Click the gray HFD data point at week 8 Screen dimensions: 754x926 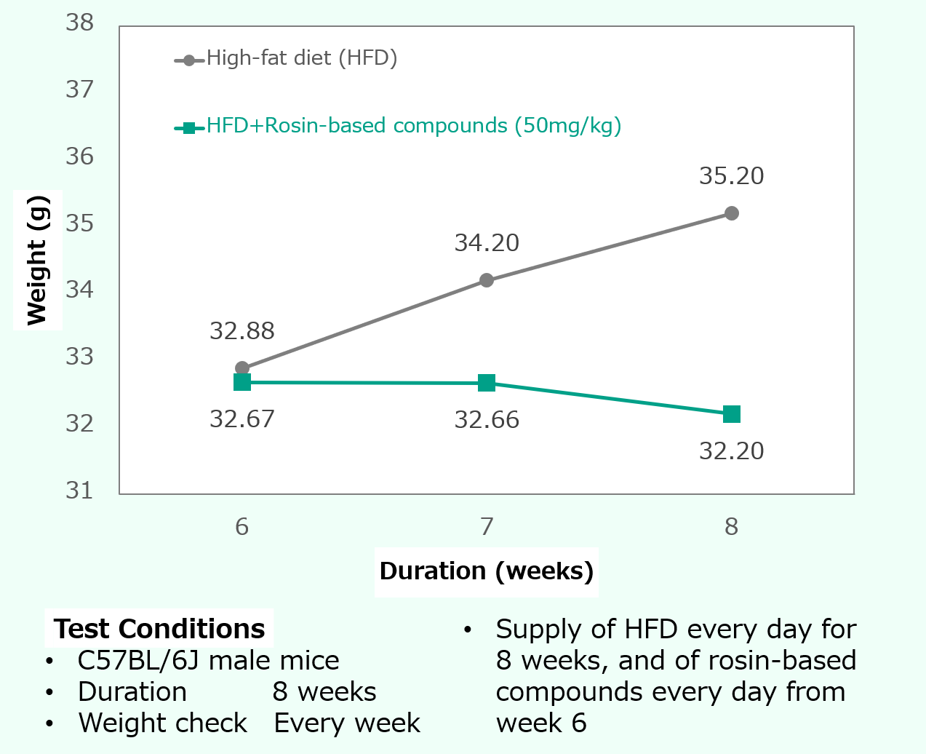click(x=732, y=213)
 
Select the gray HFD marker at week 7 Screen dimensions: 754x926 click(x=487, y=280)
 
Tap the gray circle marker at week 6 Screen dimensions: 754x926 click(x=242, y=368)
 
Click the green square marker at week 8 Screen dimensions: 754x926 click(x=732, y=414)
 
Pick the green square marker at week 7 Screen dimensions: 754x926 click(x=487, y=383)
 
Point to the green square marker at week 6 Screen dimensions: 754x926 click(x=242, y=382)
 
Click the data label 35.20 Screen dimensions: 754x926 click(x=731, y=176)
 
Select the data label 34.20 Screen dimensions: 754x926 click(x=487, y=242)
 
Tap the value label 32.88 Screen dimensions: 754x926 click(x=242, y=331)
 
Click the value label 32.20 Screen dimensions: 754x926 click(x=731, y=451)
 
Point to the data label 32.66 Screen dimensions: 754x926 click(x=487, y=420)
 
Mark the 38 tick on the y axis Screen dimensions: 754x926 click(x=80, y=23)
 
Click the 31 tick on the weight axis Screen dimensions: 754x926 click(x=80, y=491)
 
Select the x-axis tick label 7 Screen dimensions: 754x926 click(x=487, y=526)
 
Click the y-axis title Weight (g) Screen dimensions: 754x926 click(x=37, y=260)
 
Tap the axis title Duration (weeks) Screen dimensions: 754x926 click(x=486, y=571)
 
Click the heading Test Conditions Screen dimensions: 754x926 click(x=159, y=629)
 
